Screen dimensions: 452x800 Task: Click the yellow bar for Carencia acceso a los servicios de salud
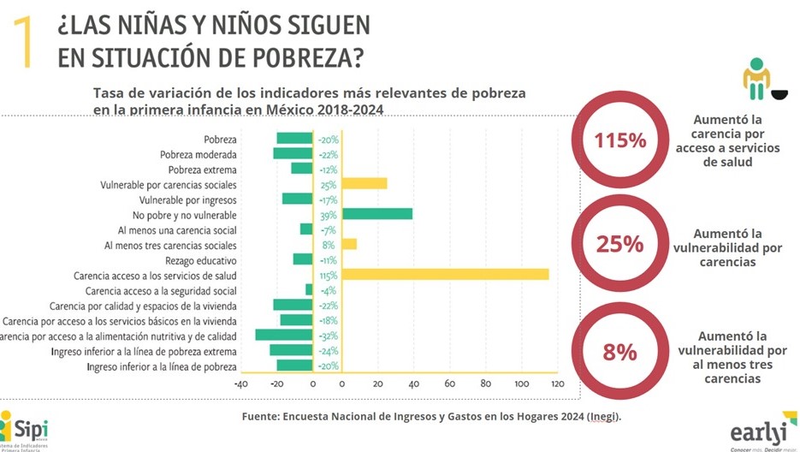[445, 275]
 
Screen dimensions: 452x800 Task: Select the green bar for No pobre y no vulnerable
[376, 214]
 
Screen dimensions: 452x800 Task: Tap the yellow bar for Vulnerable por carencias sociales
[364, 183]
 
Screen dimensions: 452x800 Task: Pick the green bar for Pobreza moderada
[293, 154]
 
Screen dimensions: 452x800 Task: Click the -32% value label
[329, 336]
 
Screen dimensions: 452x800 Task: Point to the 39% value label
[329, 214]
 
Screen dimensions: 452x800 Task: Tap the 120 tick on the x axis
[558, 384]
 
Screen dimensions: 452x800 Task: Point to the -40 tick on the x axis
[241, 384]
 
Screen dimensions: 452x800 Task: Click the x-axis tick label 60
[450, 384]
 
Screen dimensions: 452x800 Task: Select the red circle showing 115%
[619, 140]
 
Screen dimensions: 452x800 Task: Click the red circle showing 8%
[619, 352]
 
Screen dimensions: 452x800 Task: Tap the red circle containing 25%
[619, 244]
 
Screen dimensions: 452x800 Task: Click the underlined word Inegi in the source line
[603, 417]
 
